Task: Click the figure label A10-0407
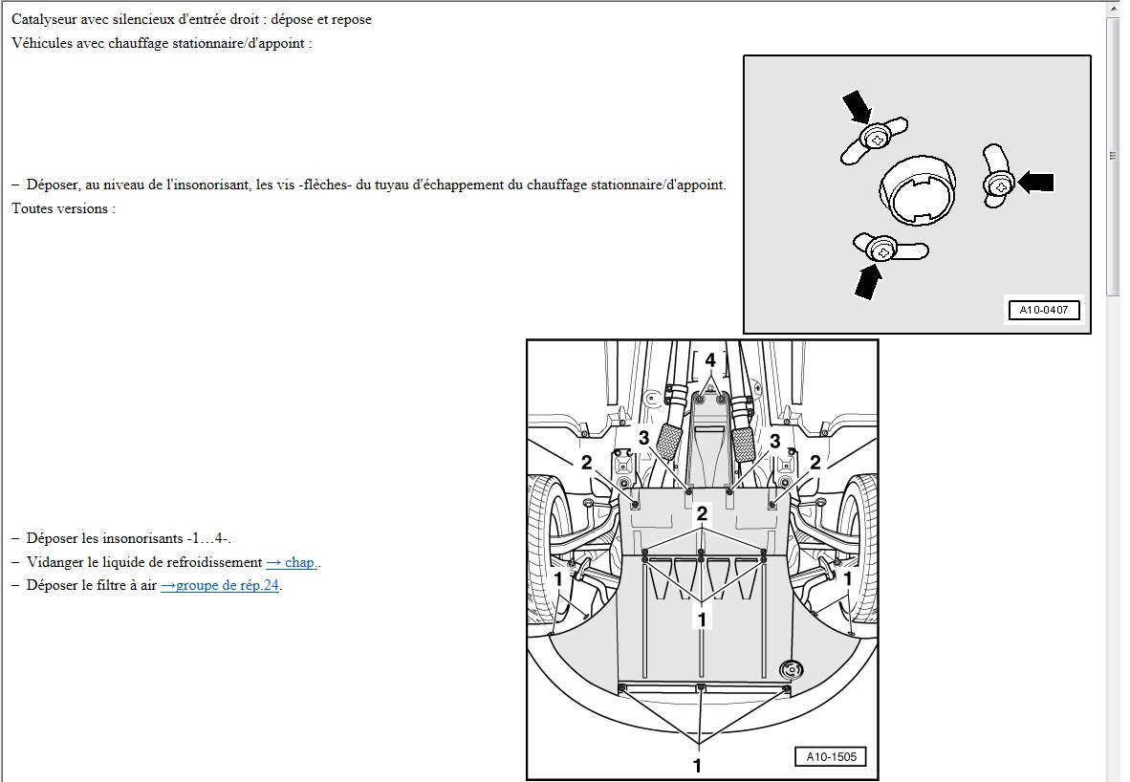click(x=1043, y=310)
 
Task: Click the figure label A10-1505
click(x=831, y=757)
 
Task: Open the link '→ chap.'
click(x=292, y=562)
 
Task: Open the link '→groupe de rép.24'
click(x=220, y=585)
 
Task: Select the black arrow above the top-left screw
click(x=858, y=106)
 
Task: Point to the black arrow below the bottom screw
click(x=868, y=281)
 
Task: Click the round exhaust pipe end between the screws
click(x=918, y=189)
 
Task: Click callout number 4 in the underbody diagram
click(x=710, y=359)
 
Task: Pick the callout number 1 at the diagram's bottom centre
click(x=697, y=765)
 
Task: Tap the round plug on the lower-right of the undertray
click(x=791, y=669)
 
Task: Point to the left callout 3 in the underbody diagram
click(x=643, y=438)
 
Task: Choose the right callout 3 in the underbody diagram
click(x=774, y=441)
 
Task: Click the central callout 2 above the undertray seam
click(x=701, y=513)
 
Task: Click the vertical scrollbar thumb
click(x=1113, y=156)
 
